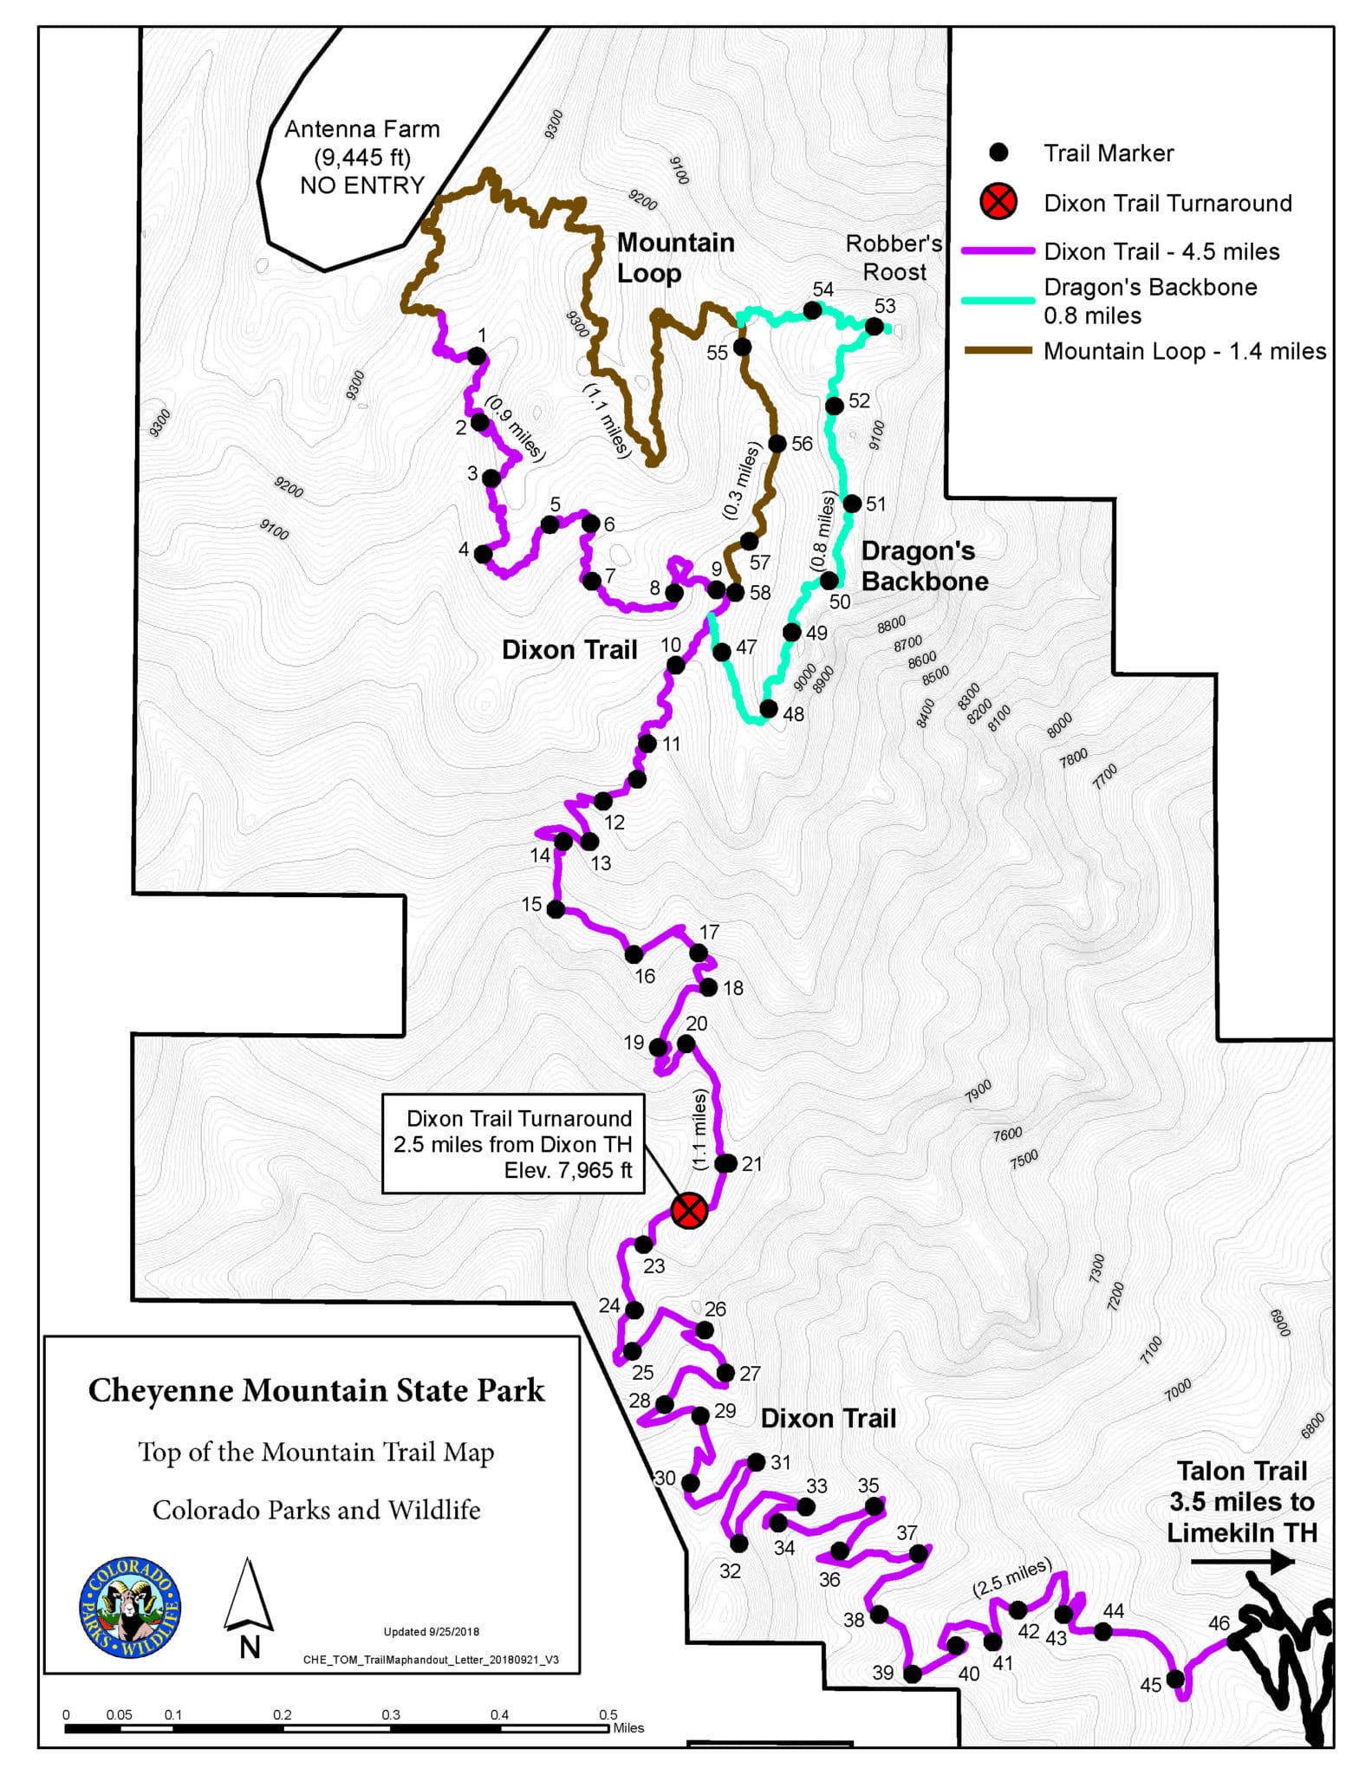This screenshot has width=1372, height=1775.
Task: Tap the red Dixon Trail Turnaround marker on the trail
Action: (689, 1210)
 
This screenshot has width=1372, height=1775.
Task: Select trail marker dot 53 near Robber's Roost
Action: (875, 327)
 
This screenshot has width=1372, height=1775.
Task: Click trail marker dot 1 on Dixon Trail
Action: (477, 355)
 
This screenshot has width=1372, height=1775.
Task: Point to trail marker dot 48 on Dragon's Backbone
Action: (768, 708)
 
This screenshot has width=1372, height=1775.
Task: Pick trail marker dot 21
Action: (726, 1163)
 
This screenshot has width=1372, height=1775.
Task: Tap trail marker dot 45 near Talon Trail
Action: (1175, 1679)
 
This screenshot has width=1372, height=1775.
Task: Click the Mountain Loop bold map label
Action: (674, 257)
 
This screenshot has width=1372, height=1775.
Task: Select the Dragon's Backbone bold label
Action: (924, 566)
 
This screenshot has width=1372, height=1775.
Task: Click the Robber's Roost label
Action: (894, 257)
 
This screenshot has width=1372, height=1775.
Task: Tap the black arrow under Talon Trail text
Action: (1242, 1562)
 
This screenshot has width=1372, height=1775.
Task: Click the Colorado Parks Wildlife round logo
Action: (130, 1607)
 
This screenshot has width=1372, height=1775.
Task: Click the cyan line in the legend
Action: (998, 300)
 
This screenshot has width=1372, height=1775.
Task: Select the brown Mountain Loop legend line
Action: (998, 351)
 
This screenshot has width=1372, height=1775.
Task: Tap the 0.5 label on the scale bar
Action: (608, 1714)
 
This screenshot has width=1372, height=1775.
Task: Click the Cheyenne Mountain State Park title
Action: (316, 1390)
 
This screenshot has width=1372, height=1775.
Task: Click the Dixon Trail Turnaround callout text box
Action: (513, 1144)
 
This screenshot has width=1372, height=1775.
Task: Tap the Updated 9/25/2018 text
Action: (431, 1631)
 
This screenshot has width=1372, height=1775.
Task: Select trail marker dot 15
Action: (556, 909)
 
